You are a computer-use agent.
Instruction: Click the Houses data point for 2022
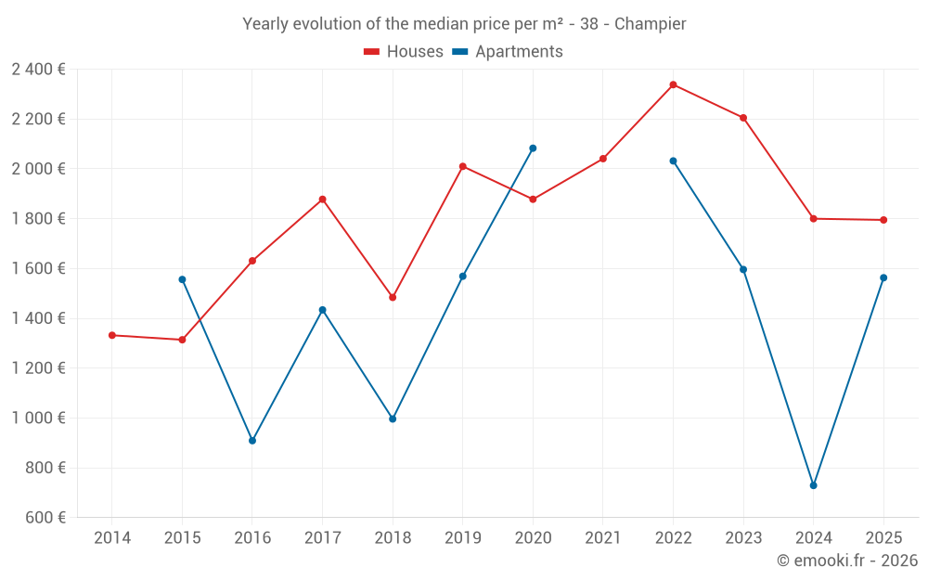click(x=673, y=84)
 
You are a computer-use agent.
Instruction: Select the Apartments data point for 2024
click(x=813, y=485)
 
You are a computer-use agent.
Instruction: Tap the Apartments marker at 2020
click(x=533, y=148)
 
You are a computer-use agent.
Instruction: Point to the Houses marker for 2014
click(x=112, y=335)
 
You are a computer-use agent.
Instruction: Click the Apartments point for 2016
click(x=252, y=441)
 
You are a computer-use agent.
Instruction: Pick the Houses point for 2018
click(x=393, y=298)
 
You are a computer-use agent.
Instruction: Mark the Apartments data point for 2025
click(x=883, y=277)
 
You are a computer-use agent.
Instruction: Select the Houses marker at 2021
click(x=603, y=159)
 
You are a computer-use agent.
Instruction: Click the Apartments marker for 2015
click(x=182, y=279)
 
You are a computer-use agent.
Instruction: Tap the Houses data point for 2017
click(x=323, y=200)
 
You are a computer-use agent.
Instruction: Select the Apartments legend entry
click(x=508, y=52)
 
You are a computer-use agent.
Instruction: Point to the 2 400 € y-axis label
click(x=38, y=70)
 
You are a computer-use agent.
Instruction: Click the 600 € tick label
click(x=45, y=518)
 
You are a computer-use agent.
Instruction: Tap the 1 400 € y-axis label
click(x=38, y=318)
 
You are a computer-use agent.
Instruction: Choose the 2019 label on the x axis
click(x=462, y=538)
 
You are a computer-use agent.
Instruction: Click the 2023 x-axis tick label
click(x=743, y=538)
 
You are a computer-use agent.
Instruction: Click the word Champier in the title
click(x=650, y=24)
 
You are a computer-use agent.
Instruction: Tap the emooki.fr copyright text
click(x=846, y=561)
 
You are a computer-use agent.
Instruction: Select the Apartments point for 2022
click(x=673, y=161)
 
